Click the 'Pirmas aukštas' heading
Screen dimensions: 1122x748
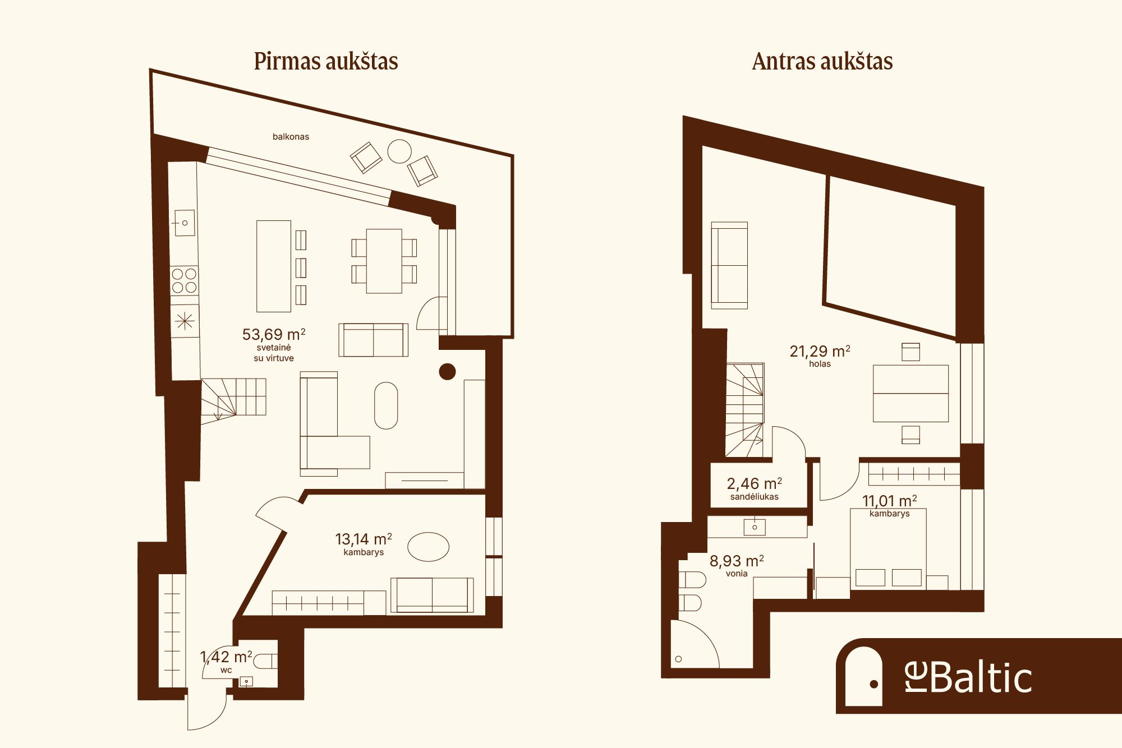tap(326, 61)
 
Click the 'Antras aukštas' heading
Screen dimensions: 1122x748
tap(822, 61)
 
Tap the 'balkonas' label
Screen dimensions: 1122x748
tap(291, 136)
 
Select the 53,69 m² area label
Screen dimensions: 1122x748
tap(274, 334)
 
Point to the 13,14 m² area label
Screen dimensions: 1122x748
tap(364, 539)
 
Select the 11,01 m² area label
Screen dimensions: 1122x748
tap(890, 500)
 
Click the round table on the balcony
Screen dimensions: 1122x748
tap(399, 151)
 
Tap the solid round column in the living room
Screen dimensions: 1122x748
tap(447, 371)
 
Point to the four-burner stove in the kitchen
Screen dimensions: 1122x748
tap(185, 280)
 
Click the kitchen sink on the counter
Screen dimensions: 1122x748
tap(183, 223)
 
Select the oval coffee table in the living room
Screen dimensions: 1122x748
tap(386, 405)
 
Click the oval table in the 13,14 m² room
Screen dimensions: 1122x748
tap(428, 547)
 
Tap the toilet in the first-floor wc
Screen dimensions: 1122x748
tap(265, 662)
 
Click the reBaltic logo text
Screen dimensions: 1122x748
tap(968, 677)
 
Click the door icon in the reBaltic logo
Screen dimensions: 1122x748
tap(864, 676)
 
